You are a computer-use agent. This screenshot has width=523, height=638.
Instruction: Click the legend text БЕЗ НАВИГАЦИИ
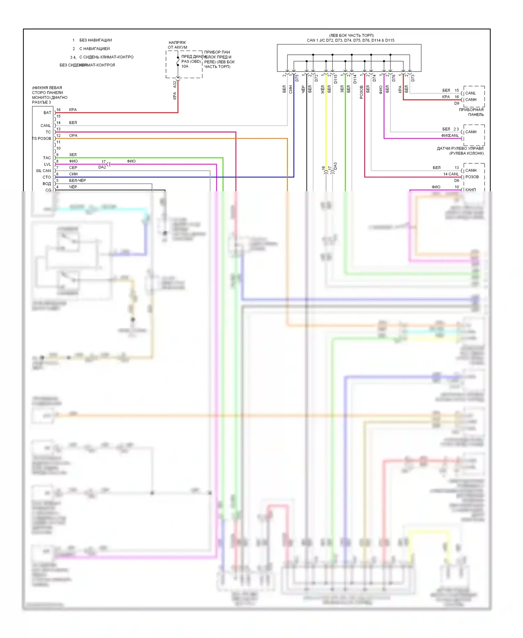click(x=95, y=40)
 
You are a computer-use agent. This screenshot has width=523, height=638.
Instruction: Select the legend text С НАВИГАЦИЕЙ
click(x=94, y=49)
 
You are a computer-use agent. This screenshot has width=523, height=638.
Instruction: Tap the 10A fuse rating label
click(x=185, y=66)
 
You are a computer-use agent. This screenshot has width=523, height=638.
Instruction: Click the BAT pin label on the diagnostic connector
click(x=47, y=113)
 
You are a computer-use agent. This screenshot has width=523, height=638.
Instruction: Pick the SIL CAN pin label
click(x=43, y=171)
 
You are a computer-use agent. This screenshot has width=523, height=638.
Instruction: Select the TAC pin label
click(x=47, y=158)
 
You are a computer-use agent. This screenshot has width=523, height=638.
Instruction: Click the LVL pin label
click(x=47, y=164)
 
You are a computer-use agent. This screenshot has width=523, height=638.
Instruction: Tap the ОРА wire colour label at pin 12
click(x=73, y=135)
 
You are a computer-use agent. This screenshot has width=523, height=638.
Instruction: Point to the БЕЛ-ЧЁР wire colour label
click(x=77, y=180)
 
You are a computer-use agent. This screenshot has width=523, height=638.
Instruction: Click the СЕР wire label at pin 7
click(x=73, y=168)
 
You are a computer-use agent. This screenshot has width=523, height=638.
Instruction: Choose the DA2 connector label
click(x=102, y=167)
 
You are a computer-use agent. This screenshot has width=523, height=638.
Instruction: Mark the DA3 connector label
click(x=335, y=166)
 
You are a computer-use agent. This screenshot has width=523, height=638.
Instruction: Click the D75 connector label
click(x=297, y=78)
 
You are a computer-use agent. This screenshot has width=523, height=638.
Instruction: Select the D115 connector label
click(x=336, y=79)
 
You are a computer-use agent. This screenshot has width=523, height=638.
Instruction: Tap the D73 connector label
click(x=413, y=78)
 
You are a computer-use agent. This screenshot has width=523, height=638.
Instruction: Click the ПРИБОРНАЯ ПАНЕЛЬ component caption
click(x=471, y=112)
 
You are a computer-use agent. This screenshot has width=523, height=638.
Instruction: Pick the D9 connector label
click(x=456, y=103)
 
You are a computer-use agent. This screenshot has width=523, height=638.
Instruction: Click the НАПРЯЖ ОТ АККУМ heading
click(x=177, y=45)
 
